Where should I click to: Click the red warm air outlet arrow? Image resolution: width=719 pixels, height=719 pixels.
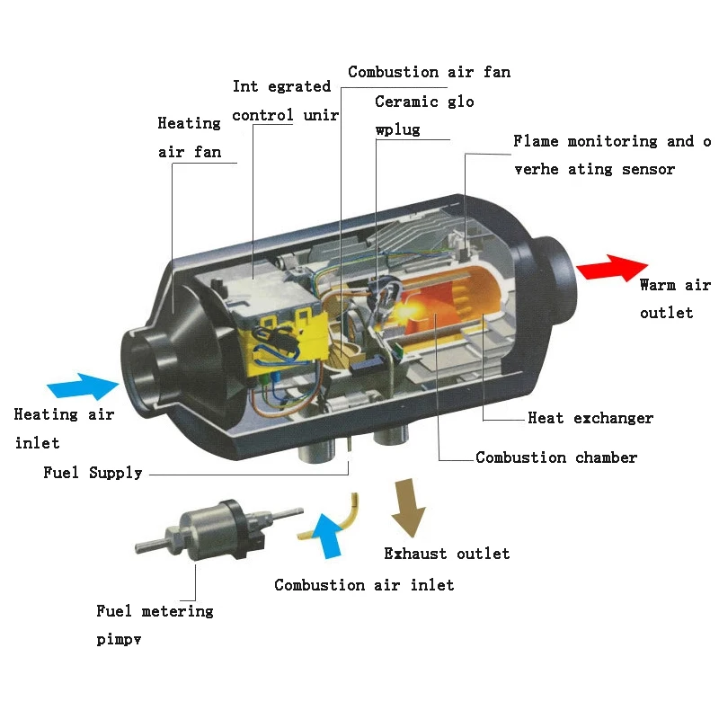pos(611,269)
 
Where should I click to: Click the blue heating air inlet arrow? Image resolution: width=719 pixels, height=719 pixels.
pos(83,386)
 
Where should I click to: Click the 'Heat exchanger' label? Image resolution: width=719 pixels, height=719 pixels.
pos(590,418)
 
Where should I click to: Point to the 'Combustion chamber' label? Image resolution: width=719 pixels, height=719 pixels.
pos(556,457)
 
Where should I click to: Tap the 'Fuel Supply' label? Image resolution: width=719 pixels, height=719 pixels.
pos(93,473)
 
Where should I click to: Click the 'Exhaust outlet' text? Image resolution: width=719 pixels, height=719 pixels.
pos(447,554)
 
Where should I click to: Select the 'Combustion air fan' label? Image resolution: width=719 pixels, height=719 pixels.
pos(429,72)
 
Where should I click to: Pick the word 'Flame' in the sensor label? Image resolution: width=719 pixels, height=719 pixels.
pos(535,141)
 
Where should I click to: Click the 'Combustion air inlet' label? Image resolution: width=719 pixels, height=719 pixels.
pos(364,585)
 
